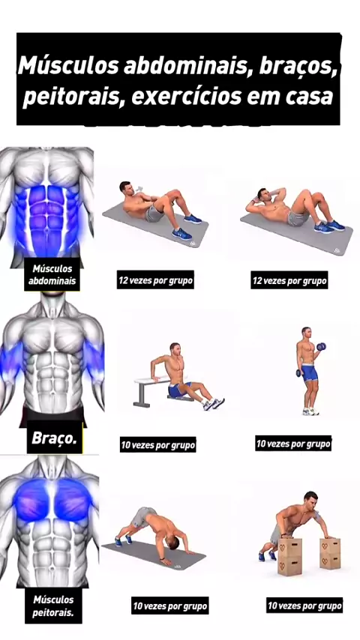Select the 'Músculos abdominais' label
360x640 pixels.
coord(52,275)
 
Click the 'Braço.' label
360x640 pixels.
coord(54,438)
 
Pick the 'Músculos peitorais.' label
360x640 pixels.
coord(53,606)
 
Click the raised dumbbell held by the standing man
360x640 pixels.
coord(321,346)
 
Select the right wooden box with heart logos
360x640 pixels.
coord(330,554)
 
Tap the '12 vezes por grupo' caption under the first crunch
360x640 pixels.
coord(155,281)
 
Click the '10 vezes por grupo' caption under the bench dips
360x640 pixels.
coord(157,444)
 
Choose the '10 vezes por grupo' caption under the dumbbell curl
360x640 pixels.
coord(293,443)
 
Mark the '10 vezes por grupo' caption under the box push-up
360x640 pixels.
coord(304,606)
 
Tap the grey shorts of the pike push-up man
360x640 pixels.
coord(143,516)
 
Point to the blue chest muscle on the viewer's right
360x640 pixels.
coord(73,499)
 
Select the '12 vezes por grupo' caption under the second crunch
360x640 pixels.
coord(289,281)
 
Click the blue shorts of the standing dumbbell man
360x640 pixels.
coord(309,373)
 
